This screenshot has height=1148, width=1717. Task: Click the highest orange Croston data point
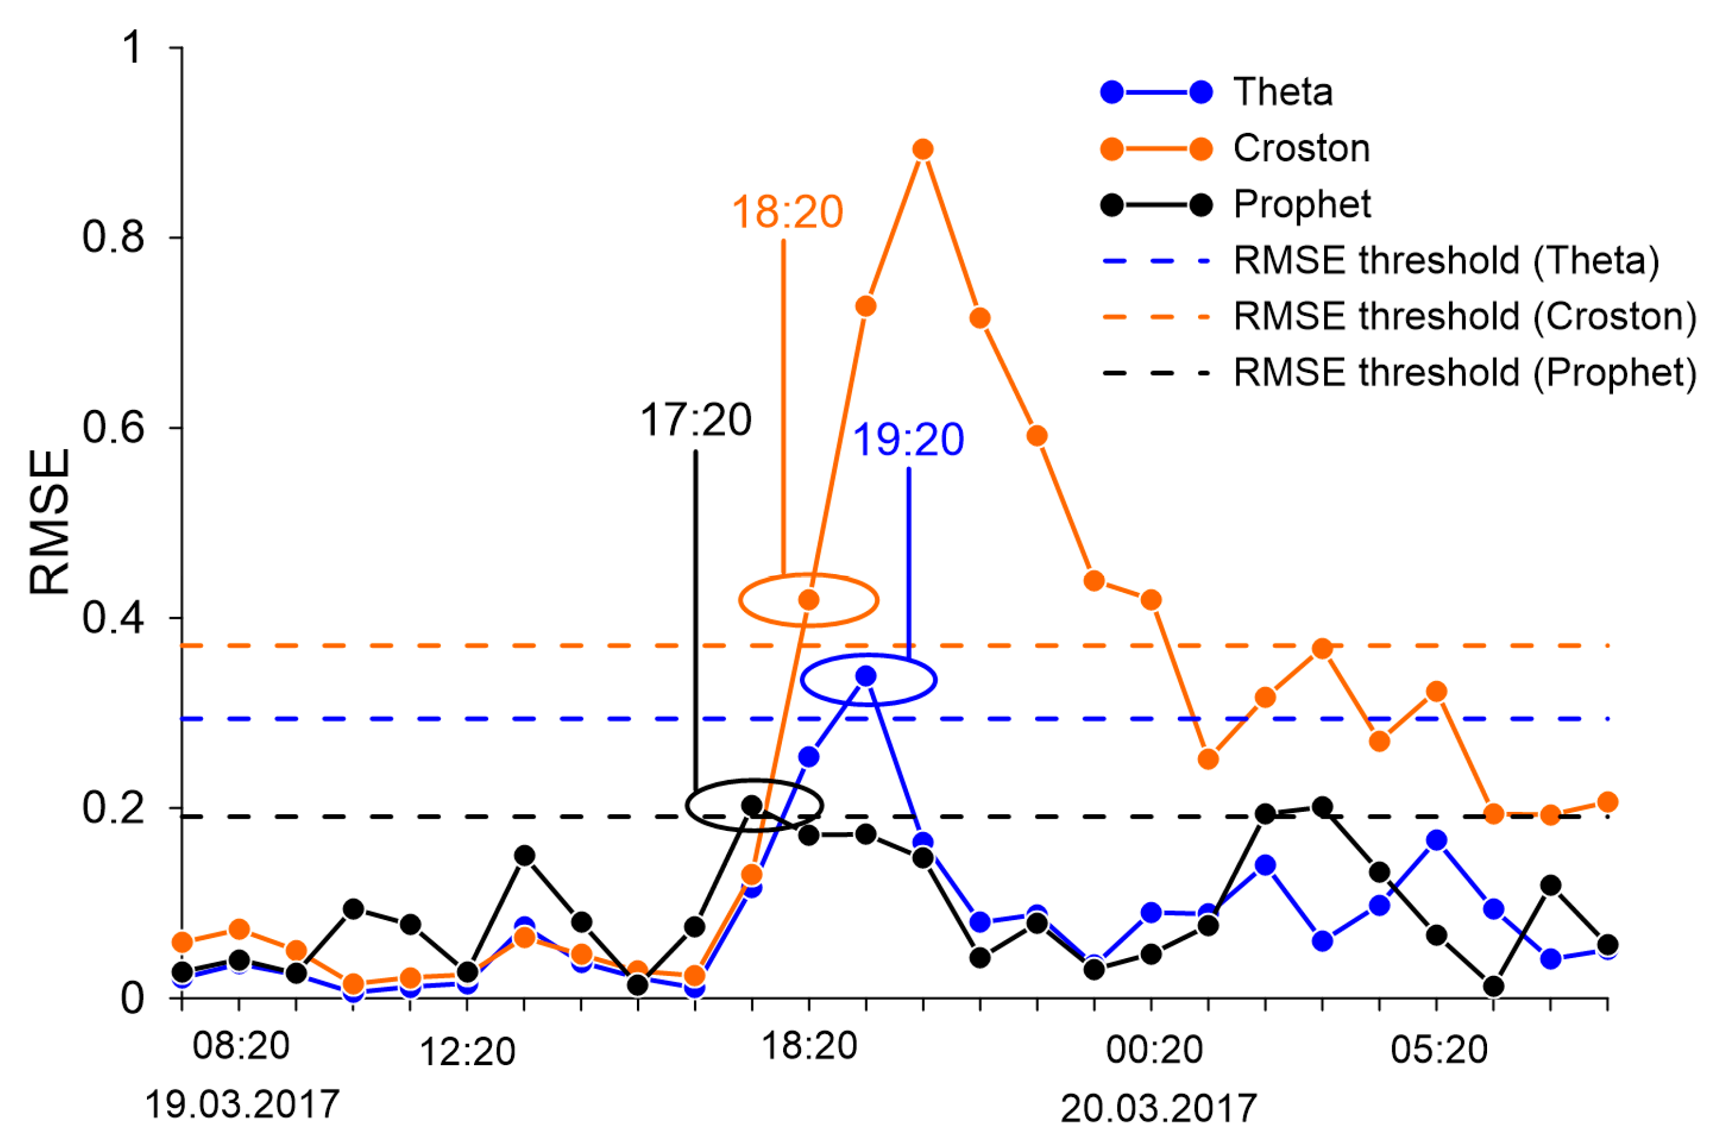[923, 149]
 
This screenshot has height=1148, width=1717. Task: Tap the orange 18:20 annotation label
[787, 211]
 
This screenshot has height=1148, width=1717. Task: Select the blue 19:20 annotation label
[908, 440]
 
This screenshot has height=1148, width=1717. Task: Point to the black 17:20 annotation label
[695, 420]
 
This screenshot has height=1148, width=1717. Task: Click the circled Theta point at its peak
[866, 676]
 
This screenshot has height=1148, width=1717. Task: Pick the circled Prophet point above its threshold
[752, 805]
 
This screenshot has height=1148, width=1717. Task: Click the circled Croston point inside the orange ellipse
[808, 600]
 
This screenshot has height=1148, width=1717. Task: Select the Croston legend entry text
[1301, 149]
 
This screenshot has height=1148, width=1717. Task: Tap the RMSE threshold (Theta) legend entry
[1446, 261]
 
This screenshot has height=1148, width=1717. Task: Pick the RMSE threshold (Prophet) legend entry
[1464, 372]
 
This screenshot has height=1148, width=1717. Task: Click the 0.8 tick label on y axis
[114, 237]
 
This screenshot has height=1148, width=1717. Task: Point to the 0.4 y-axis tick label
[114, 617]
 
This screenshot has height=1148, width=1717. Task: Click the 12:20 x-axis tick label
[467, 1052]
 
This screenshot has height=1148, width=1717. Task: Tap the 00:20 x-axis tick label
[1154, 1050]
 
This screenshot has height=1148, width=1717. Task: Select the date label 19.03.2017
[242, 1104]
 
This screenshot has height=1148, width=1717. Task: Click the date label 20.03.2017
[1158, 1109]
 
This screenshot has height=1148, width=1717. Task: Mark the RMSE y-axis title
[50, 521]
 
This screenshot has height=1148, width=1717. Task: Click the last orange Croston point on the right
[1607, 803]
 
